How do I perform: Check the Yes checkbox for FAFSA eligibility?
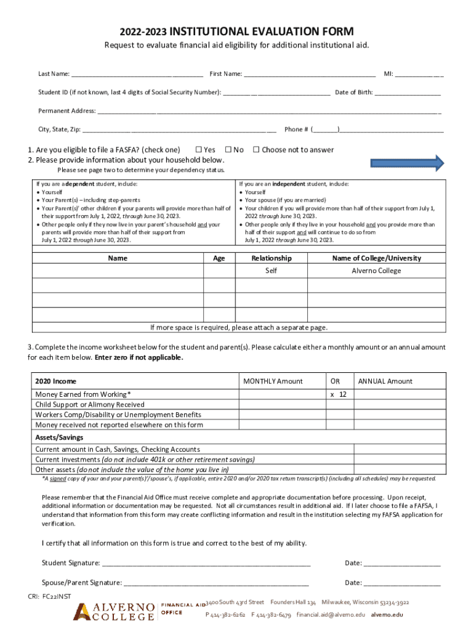point(199,150)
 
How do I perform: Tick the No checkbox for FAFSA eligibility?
point(228,150)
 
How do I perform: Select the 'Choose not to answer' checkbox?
point(257,150)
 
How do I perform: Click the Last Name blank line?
point(137,75)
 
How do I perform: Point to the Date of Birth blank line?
point(407,94)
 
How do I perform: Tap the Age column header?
point(219,259)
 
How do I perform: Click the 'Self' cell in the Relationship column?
point(271,271)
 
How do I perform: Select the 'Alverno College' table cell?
point(376,271)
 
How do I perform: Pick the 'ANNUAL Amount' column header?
point(385,381)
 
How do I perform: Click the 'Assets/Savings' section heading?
point(59,438)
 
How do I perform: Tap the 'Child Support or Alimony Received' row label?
point(90,405)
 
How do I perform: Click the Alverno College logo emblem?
point(83,612)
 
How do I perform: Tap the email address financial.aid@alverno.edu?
point(331,615)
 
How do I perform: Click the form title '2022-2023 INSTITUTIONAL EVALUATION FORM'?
point(237,32)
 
